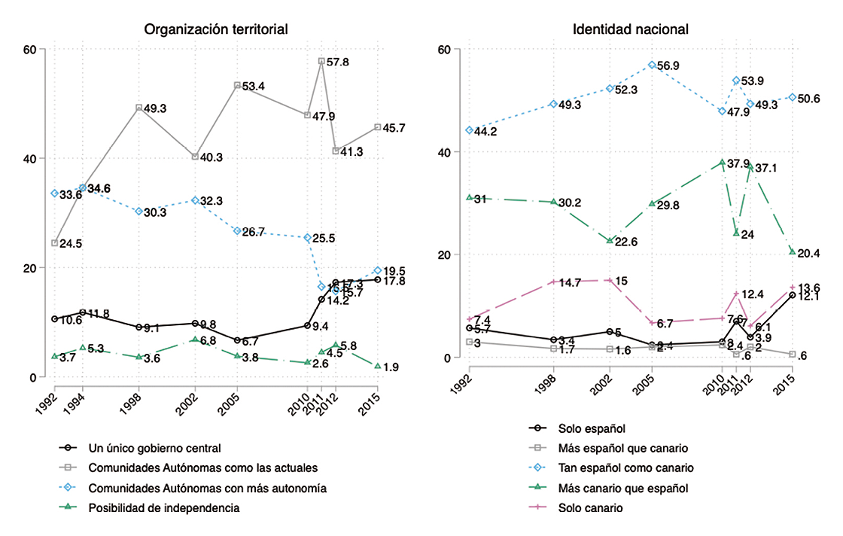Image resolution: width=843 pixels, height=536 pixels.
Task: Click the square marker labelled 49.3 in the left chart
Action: [139, 108]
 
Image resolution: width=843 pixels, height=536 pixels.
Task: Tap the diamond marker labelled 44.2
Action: [469, 130]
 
